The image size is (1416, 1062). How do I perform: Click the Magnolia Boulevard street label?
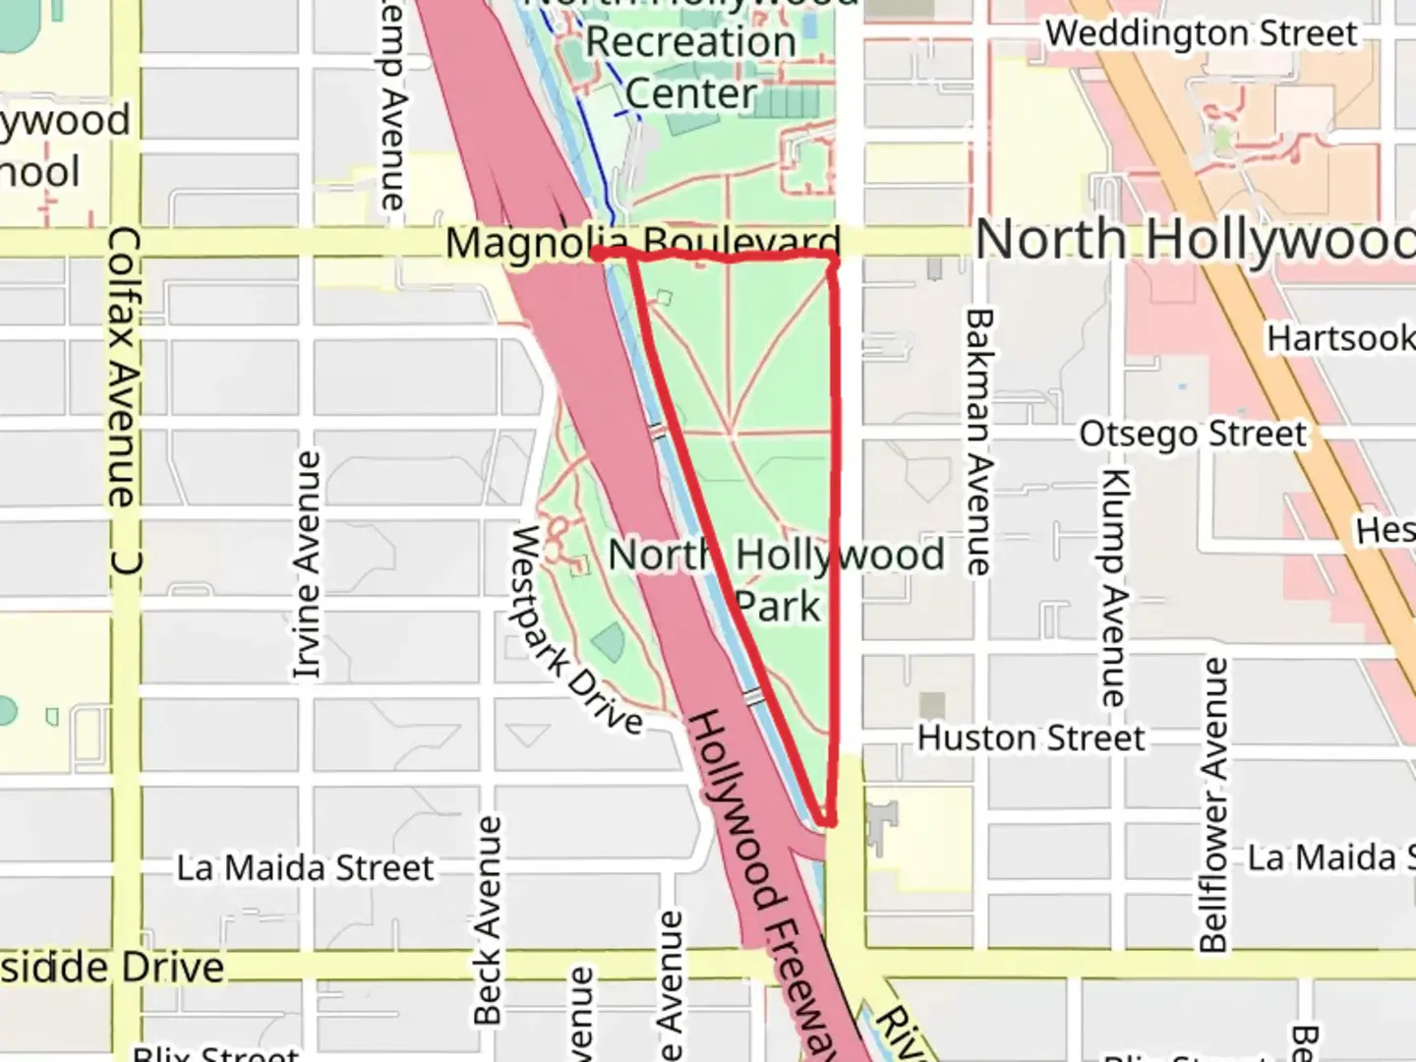tap(643, 242)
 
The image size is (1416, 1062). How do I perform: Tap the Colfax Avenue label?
tap(124, 368)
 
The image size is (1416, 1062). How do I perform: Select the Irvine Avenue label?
tap(308, 565)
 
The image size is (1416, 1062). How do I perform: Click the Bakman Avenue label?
tap(979, 442)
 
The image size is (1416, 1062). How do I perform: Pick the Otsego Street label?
tap(1193, 434)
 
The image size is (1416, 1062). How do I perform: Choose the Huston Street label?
tap(1031, 737)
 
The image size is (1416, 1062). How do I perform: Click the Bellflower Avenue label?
tap(1214, 805)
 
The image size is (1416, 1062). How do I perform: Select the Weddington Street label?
tap(1201, 33)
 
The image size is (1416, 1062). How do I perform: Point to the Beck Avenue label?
tap(488, 919)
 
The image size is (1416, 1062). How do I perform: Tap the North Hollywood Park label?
tap(776, 580)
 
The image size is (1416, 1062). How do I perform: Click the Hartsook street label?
tap(1339, 338)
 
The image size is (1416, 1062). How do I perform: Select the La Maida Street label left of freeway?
tap(305, 868)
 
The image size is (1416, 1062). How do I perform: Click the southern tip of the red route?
tap(829, 820)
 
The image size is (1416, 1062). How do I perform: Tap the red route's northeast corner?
tap(834, 259)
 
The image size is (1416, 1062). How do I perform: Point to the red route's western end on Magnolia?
tap(597, 254)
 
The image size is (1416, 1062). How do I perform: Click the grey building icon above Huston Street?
tap(932, 704)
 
